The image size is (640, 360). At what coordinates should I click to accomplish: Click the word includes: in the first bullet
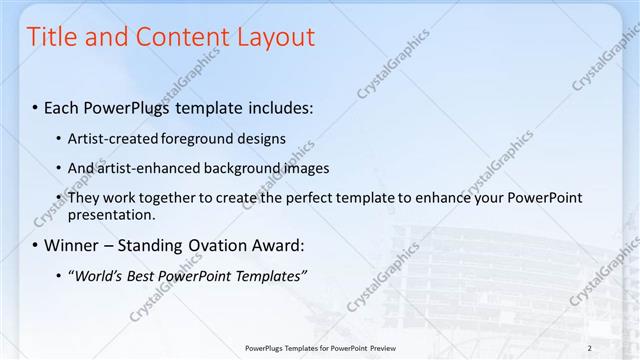(x=276, y=106)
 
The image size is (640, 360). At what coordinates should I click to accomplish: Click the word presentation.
(x=111, y=214)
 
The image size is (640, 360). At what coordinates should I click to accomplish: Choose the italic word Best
(x=142, y=275)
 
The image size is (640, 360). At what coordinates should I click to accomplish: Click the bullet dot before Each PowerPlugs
(x=35, y=107)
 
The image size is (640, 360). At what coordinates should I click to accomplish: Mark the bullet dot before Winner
(x=35, y=245)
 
